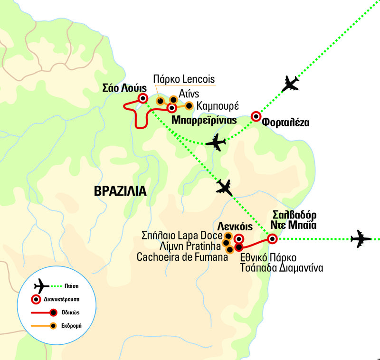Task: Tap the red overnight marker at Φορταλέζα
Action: pos(256,116)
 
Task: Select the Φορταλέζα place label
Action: pos(285,123)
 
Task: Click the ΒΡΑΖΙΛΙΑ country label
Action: pos(119,190)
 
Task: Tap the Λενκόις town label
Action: pos(233,225)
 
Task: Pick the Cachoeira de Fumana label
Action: pos(179,257)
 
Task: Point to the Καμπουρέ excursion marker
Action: pos(189,105)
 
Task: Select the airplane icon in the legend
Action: pos(42,287)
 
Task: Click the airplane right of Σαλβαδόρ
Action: pos(361,238)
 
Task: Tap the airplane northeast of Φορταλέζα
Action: pos(291,84)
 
